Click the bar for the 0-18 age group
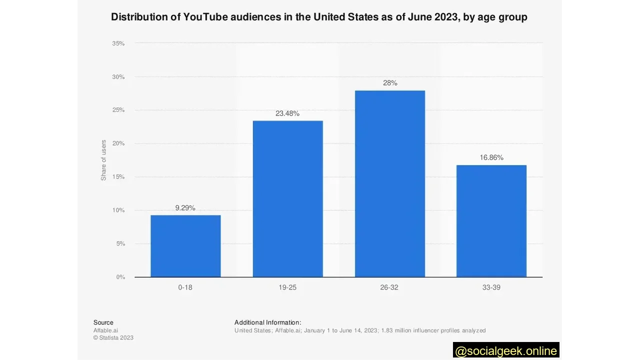(185, 246)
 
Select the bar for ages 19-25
(287, 199)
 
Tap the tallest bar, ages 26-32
(389, 184)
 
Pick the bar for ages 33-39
(491, 221)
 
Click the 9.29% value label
(185, 208)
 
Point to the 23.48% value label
(287, 113)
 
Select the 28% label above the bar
(390, 83)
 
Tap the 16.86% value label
(491, 157)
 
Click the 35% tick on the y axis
(118, 43)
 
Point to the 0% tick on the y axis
(120, 277)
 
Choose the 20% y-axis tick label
(118, 143)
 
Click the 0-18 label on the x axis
(185, 287)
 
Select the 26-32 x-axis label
(389, 287)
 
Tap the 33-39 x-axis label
(491, 287)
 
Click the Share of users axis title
(103, 160)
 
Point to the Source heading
(103, 322)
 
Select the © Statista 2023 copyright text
(113, 337)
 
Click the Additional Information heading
(267, 322)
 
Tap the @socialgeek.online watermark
(506, 350)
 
